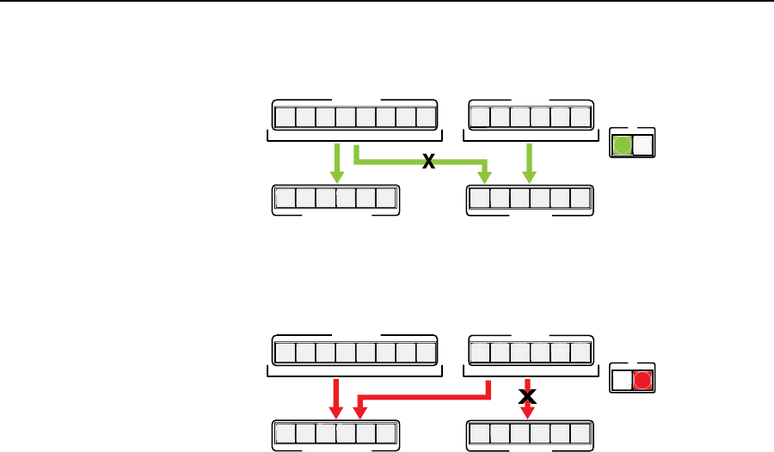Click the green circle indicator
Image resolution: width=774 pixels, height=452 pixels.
620,145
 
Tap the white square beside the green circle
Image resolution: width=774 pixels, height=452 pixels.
642,145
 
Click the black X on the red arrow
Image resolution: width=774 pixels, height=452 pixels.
528,395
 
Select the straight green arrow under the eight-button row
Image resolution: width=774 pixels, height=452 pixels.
336,163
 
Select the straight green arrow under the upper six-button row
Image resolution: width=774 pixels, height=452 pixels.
528,163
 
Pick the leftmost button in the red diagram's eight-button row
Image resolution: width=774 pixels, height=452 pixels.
285,352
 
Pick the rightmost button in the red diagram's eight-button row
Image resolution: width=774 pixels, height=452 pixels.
426,352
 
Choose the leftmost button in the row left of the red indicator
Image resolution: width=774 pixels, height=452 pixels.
479,352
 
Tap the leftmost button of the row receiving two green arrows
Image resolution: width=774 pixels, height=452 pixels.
479,199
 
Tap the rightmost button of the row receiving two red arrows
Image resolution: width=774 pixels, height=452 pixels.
385,433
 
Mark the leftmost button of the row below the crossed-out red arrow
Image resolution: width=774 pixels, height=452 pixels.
479,433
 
